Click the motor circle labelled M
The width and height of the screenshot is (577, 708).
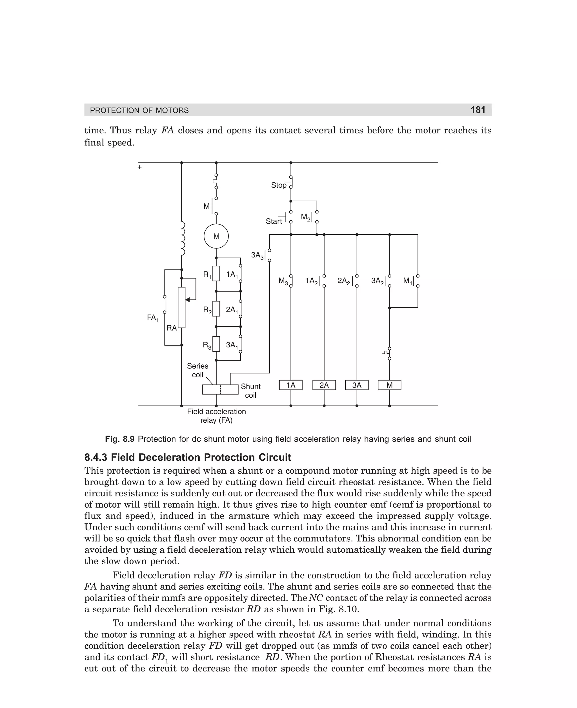pos(216,236)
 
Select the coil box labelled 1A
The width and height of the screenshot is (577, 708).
pos(290,385)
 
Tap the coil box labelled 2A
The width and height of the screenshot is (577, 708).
pos(324,385)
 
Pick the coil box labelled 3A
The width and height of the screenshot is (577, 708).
pos(357,385)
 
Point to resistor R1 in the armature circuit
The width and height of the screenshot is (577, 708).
pos(216,274)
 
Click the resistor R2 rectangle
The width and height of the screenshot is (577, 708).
pos(216,309)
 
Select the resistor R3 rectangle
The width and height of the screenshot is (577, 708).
pos(216,344)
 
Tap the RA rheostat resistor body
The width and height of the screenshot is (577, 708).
pos(181,307)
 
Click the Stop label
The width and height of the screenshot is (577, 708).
pos(279,185)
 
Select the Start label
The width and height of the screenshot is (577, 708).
pos(274,221)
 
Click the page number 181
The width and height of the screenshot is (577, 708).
pos(478,110)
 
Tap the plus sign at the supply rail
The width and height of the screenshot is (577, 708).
pos(139,167)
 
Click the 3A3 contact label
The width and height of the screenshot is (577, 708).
pos(258,256)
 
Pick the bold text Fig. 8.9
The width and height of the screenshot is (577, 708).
pos(120,439)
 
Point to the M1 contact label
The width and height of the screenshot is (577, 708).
pos(408,281)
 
